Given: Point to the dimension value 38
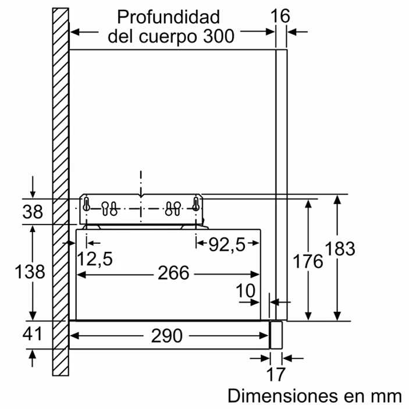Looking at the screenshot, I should (x=33, y=212).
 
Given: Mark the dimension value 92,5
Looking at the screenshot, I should (x=227, y=245).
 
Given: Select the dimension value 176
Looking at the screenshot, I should (x=308, y=261).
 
